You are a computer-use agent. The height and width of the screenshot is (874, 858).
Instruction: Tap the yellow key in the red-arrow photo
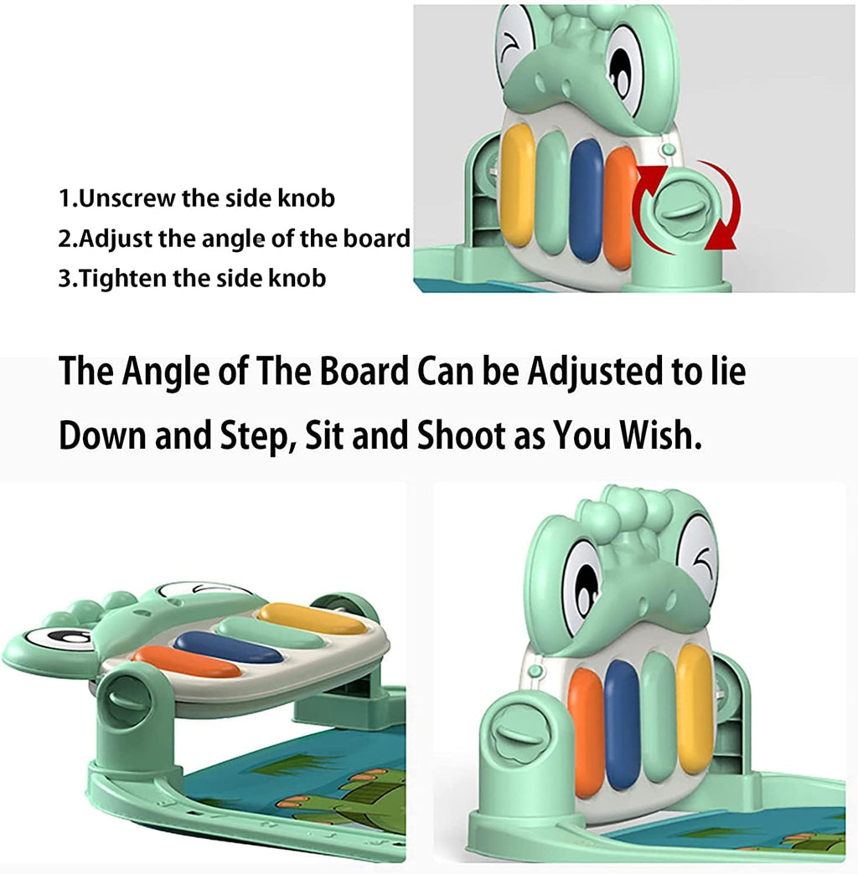point(517,184)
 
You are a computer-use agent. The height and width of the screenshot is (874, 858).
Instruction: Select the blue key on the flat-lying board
point(228,647)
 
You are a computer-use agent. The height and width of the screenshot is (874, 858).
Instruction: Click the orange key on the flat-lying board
point(186,661)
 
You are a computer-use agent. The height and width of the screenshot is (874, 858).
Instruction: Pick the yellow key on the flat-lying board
point(311,618)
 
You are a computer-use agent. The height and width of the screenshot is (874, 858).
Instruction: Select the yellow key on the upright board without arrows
point(695,708)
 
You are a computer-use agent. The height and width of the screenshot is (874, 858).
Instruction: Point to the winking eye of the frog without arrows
point(697,559)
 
